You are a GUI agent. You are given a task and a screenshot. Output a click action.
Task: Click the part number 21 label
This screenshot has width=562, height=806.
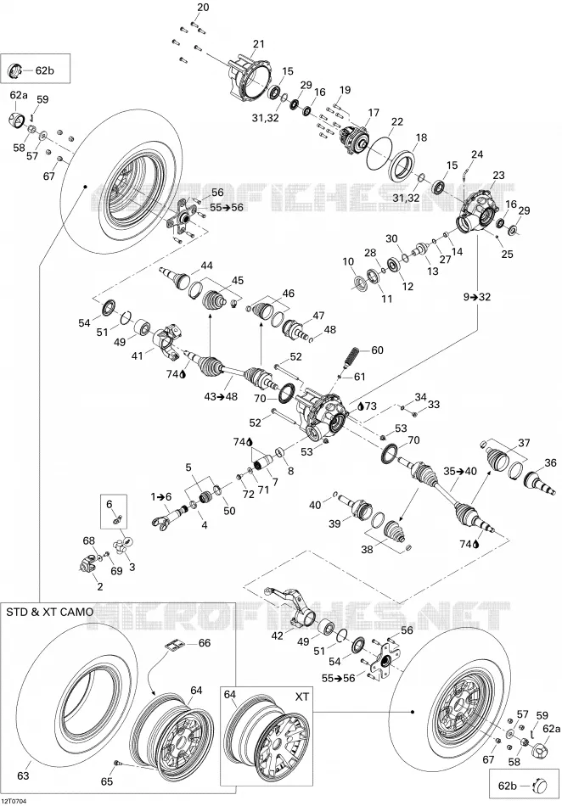pos(259,43)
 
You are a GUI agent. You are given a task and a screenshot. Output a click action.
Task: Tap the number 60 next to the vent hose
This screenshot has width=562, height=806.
pos(377,350)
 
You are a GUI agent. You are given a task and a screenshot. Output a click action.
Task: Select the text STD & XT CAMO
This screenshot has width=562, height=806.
pos(50,612)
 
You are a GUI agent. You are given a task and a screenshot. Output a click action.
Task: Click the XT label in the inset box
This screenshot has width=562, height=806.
pos(302,697)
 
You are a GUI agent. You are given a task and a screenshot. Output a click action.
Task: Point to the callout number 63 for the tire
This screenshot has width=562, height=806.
pos(24,775)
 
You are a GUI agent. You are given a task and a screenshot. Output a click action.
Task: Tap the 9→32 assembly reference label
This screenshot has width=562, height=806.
pos(476,297)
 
